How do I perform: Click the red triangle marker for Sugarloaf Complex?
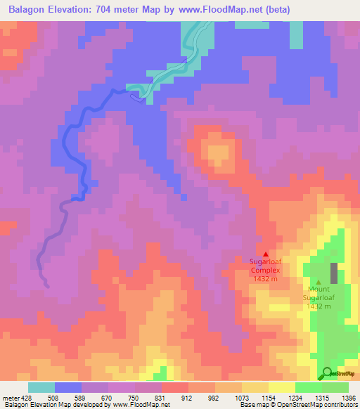coord(265,254)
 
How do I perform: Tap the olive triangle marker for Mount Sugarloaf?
coord(319,282)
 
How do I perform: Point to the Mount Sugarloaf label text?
coord(319,297)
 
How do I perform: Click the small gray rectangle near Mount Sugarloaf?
coord(334,273)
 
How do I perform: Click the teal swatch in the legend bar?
coord(41,387)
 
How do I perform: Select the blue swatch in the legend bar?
coord(68,387)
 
